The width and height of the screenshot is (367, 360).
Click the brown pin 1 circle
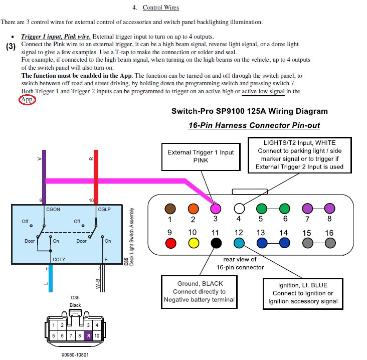[170, 209]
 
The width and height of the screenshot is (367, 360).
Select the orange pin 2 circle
[194, 209]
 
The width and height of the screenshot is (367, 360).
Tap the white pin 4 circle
[239, 209]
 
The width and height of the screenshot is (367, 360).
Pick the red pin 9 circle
[170, 243]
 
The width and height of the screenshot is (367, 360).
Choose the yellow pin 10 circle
[194, 243]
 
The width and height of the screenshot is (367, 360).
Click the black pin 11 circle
[216, 243]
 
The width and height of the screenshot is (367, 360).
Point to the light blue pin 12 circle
[239, 243]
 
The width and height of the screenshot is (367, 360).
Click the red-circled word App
[27, 100]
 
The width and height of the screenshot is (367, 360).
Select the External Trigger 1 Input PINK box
[201, 156]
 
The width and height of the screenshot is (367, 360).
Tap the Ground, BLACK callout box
[199, 292]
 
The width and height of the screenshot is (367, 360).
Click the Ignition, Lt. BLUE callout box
[303, 293]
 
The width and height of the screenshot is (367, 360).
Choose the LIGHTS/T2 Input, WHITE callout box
[300, 155]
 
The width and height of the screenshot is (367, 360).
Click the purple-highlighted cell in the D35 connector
[88, 335]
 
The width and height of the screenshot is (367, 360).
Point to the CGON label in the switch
[53, 210]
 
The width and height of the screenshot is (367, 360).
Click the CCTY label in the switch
[59, 259]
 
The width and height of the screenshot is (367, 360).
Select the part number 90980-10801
[75, 355]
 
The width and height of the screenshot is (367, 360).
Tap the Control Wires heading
[161, 8]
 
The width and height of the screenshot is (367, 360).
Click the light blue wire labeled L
[51, 278]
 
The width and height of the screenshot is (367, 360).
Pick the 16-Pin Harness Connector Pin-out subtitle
[254, 125]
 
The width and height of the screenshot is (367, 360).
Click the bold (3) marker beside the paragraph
[11, 46]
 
